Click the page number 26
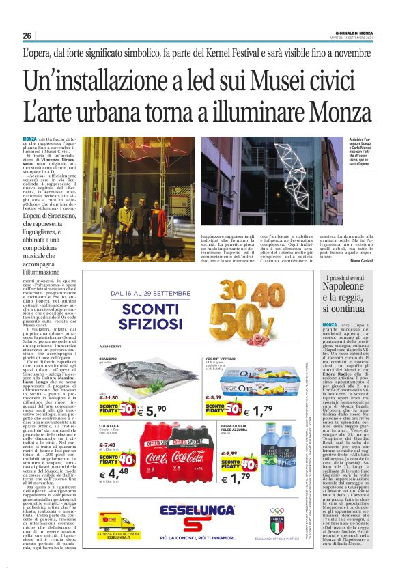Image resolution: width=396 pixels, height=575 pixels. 27,36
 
